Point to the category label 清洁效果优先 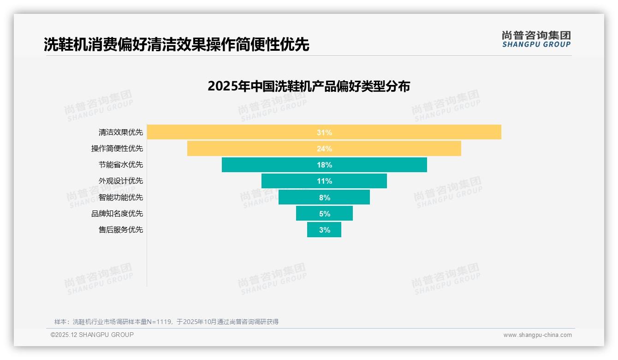[x=121, y=132]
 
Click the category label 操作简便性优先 [x=117, y=149]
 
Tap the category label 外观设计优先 [x=121, y=181]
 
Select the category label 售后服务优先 [x=121, y=229]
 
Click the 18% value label [x=324, y=165]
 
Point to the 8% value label [x=324, y=197]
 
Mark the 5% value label [x=324, y=214]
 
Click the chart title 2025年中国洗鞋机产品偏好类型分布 [x=309, y=86]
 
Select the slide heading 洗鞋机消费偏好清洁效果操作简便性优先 [x=176, y=44]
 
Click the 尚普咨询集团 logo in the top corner [x=536, y=39]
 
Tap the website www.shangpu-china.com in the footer [x=537, y=335]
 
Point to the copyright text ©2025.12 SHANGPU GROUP [x=92, y=335]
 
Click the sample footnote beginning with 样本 [x=166, y=322]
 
